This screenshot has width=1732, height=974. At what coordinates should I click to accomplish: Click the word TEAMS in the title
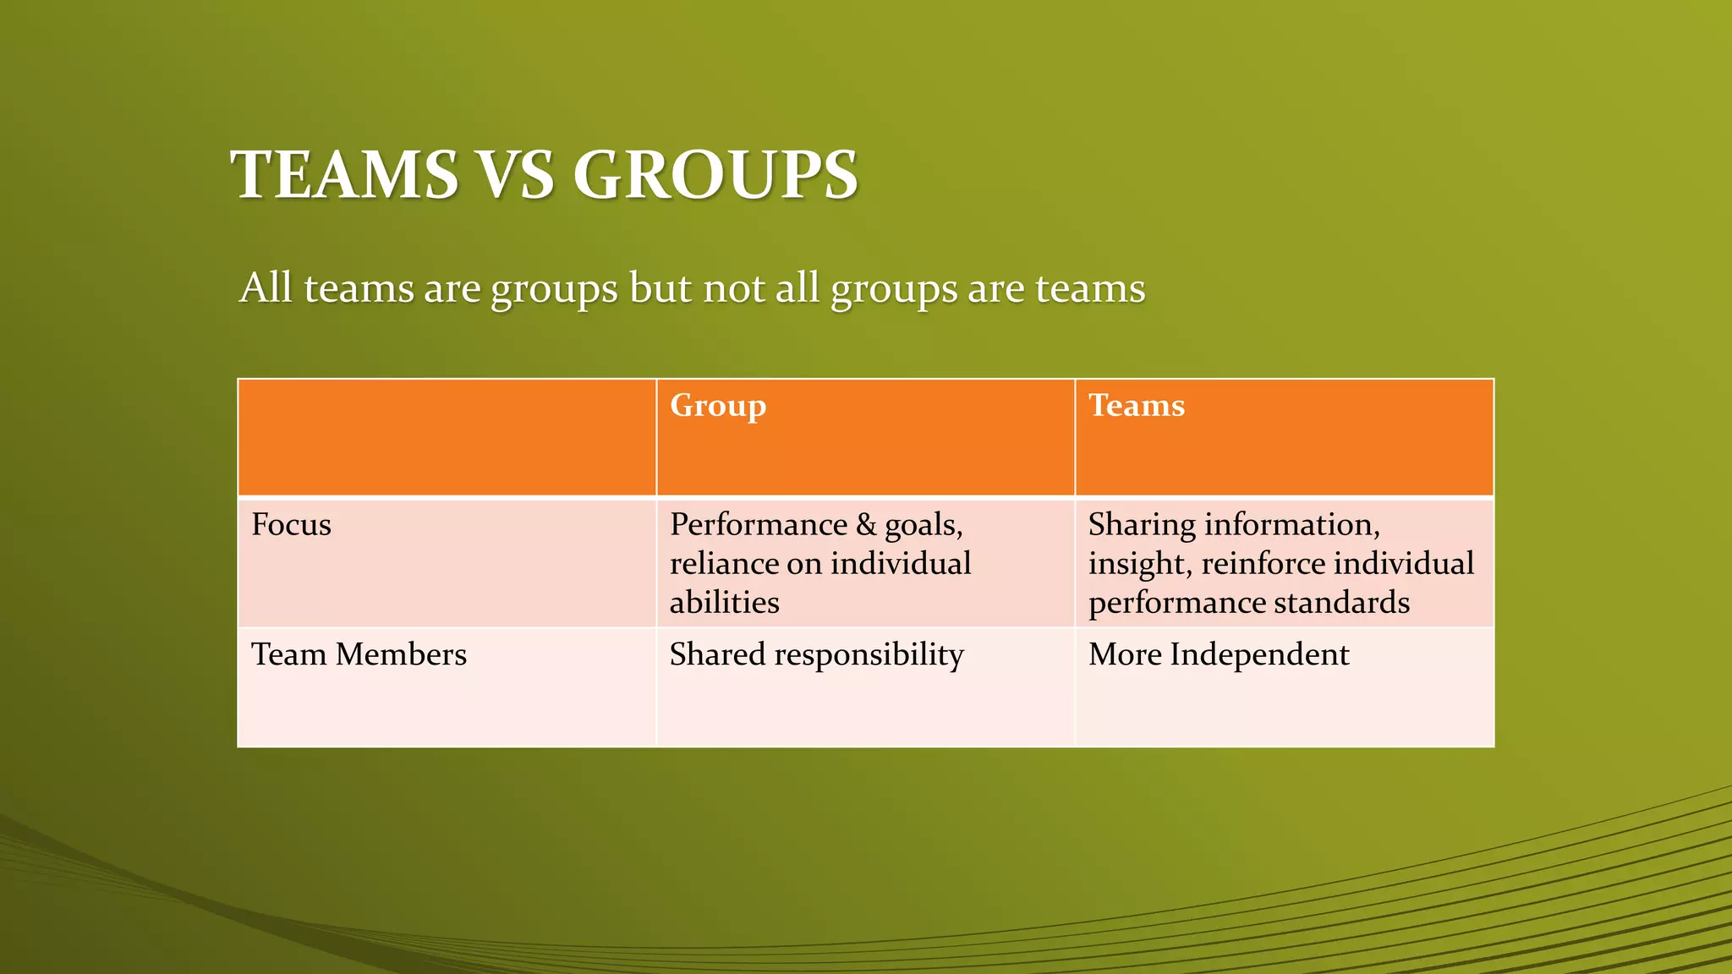tap(345, 175)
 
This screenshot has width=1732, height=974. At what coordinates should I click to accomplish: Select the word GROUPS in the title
tap(715, 175)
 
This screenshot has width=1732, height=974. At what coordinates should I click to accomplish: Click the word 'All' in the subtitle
tap(266, 288)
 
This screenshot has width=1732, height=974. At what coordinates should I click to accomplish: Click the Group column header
tap(718, 406)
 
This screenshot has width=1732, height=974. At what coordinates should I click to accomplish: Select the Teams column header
tap(1136, 406)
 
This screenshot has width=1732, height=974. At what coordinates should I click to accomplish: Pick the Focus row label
tap(291, 525)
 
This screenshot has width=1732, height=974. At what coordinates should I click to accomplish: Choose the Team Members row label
tap(359, 654)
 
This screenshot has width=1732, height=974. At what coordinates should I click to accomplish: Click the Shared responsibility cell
tap(816, 654)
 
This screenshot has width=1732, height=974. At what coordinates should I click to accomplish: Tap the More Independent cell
tap(1218, 654)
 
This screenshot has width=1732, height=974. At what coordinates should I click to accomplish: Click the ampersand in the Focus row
tap(866, 525)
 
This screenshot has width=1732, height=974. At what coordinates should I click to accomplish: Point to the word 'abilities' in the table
tap(724, 603)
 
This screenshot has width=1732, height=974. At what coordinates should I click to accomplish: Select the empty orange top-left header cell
tap(447, 437)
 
